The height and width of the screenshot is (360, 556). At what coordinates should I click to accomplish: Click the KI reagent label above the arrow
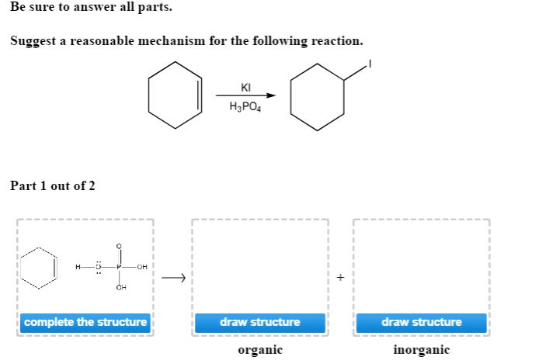(x=245, y=88)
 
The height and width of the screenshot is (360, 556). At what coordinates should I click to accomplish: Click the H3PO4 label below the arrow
(x=245, y=107)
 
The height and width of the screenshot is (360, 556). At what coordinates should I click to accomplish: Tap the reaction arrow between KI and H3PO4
(x=245, y=97)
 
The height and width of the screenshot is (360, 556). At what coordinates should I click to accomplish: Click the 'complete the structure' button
(x=85, y=322)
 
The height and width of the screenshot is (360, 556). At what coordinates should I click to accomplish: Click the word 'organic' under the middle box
(x=259, y=350)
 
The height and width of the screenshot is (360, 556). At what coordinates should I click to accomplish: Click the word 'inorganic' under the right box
(x=421, y=350)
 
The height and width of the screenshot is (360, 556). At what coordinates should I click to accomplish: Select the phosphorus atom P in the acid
(x=119, y=268)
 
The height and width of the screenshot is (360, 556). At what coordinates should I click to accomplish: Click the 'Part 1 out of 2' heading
(x=52, y=186)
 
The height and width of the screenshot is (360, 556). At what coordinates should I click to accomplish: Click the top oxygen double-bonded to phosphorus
(x=119, y=247)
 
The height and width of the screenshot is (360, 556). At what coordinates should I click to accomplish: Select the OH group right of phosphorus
(x=141, y=268)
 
